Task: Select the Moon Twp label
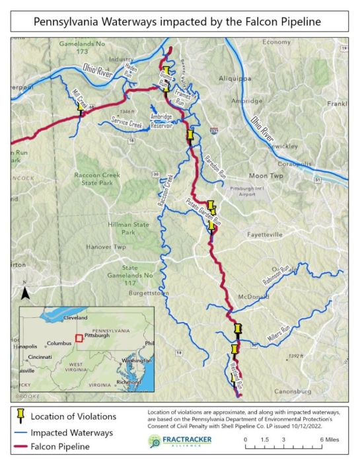[266, 176]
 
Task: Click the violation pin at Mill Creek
[81, 106]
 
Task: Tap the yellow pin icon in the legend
[20, 416]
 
